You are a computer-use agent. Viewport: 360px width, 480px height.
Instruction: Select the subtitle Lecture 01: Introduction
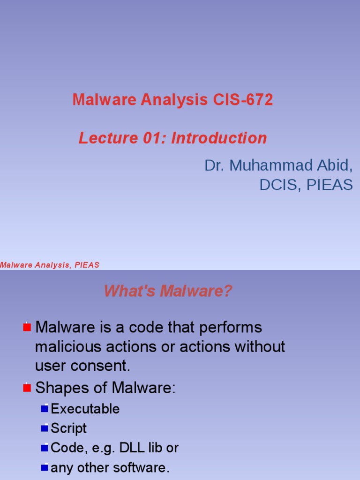[172, 138]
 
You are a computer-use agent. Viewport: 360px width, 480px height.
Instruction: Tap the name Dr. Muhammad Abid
[278, 165]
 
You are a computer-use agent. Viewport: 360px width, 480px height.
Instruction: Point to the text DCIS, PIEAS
[306, 185]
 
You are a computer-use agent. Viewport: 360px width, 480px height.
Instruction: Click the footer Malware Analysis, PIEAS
[50, 265]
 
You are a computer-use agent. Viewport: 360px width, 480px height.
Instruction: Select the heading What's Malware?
[168, 292]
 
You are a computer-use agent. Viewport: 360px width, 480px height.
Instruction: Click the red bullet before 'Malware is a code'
[27, 327]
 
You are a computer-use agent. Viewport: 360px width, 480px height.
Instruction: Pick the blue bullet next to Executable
[45, 409]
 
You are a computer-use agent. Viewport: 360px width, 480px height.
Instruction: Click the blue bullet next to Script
[45, 428]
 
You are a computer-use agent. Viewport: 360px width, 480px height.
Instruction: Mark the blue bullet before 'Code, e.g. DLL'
[45, 448]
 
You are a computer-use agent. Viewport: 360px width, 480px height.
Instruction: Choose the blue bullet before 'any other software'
[45, 468]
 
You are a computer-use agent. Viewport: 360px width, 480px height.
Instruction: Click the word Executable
[85, 409]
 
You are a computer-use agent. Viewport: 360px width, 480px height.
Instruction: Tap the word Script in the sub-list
[68, 428]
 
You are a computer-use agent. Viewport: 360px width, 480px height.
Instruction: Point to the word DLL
[132, 448]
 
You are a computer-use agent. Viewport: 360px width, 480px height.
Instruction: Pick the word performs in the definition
[230, 327]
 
